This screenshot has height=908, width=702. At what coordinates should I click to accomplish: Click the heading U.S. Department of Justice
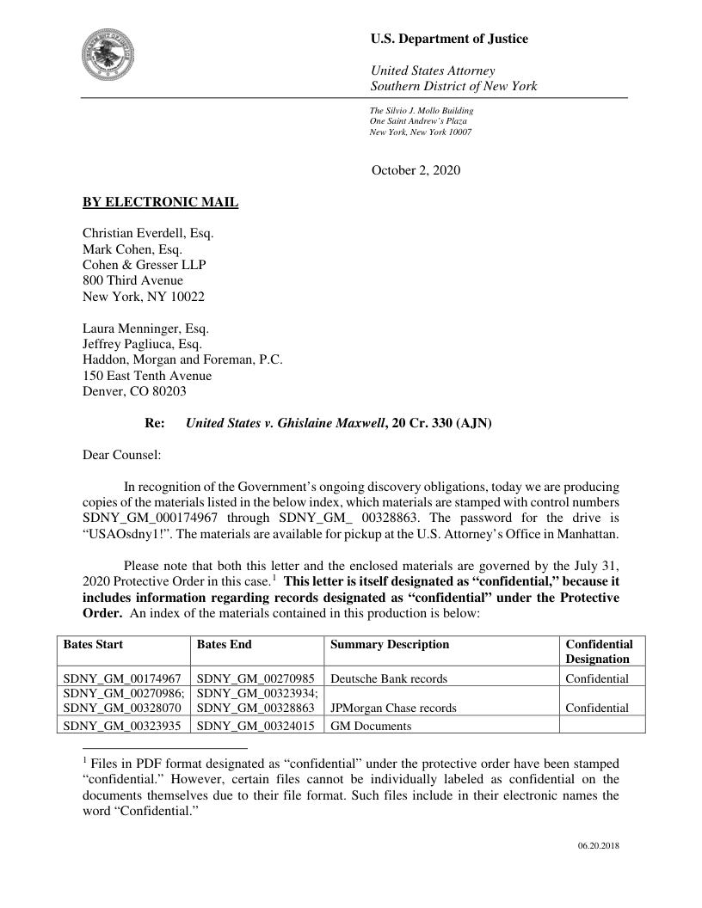pyautogui.click(x=449, y=39)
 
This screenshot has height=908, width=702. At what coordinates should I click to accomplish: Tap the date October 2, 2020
pyautogui.click(x=416, y=170)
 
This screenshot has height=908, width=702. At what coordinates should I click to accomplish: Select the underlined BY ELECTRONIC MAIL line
pyautogui.click(x=160, y=203)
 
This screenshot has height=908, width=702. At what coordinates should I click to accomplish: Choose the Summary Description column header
pyautogui.click(x=390, y=644)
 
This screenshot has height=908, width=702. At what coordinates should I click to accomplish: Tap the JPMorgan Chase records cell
pyautogui.click(x=393, y=709)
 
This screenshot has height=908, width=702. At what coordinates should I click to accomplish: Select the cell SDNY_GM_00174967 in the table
pyautogui.click(x=121, y=678)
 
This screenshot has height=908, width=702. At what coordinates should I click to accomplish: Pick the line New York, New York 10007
pyautogui.click(x=420, y=132)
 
